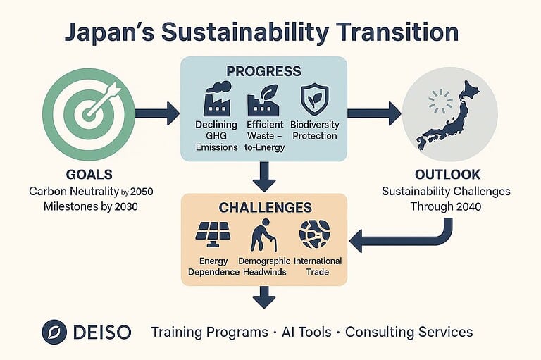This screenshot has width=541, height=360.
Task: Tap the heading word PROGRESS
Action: [x=263, y=71]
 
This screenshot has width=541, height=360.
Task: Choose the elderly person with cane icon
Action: [x=264, y=235]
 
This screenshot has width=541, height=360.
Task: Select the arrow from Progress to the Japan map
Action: [x=373, y=111]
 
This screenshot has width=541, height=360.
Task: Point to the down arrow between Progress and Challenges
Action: [x=263, y=176]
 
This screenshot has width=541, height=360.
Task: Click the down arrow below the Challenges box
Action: [x=263, y=297]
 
